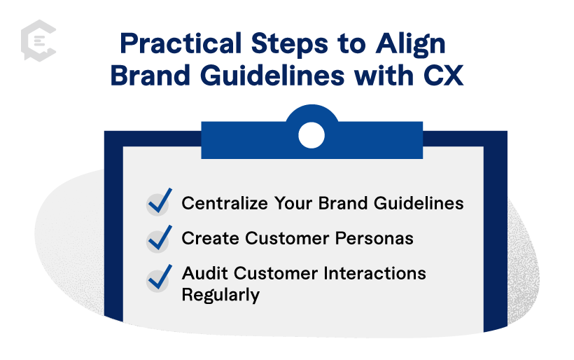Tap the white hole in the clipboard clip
pos(311,134)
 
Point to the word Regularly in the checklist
pos(220,295)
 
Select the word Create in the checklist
pos(207,239)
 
